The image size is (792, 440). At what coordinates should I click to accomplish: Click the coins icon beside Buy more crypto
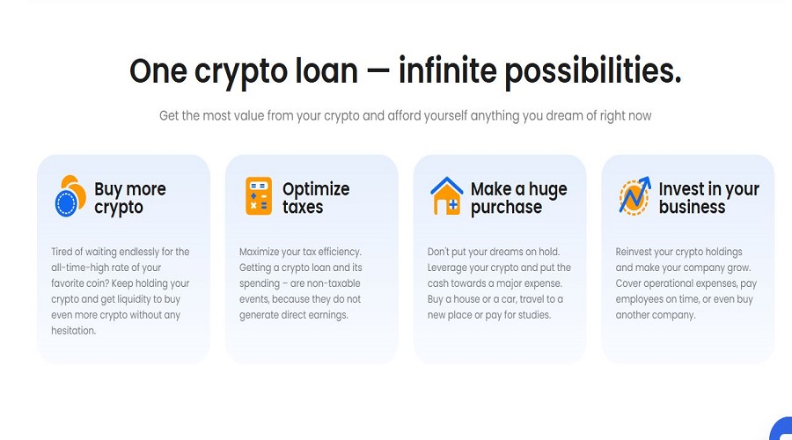coord(70,196)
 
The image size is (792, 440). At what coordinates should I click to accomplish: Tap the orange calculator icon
coord(259,196)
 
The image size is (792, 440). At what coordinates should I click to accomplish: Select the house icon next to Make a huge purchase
coord(446,196)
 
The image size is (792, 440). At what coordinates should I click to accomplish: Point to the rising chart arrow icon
coord(634,196)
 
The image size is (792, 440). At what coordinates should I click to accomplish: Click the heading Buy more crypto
coord(130,199)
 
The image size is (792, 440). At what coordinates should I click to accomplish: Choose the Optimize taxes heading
coord(316,198)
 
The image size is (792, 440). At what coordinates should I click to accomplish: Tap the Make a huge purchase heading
coord(518,199)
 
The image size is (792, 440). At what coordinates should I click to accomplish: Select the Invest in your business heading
coord(708,198)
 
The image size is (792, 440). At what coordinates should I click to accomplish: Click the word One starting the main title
coord(158,71)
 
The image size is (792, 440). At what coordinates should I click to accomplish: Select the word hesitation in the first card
coord(73,331)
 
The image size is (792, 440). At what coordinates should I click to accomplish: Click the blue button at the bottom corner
coord(782,430)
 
